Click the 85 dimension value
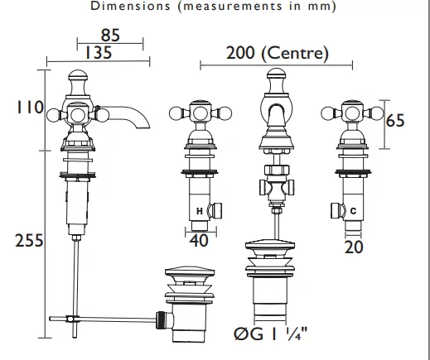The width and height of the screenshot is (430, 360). (x=110, y=36)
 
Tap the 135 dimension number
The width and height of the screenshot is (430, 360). (x=99, y=52)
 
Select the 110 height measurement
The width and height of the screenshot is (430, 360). (x=30, y=108)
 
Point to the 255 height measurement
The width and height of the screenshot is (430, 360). (x=29, y=240)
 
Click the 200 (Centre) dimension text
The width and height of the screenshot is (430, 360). (x=278, y=53)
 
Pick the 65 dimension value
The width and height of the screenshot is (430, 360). (x=395, y=120)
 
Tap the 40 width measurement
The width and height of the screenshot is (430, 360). (x=199, y=241)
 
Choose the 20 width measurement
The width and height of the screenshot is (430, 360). (x=354, y=247)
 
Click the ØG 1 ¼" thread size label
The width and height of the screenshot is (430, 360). (x=270, y=334)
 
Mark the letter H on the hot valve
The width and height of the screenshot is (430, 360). (x=200, y=211)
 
